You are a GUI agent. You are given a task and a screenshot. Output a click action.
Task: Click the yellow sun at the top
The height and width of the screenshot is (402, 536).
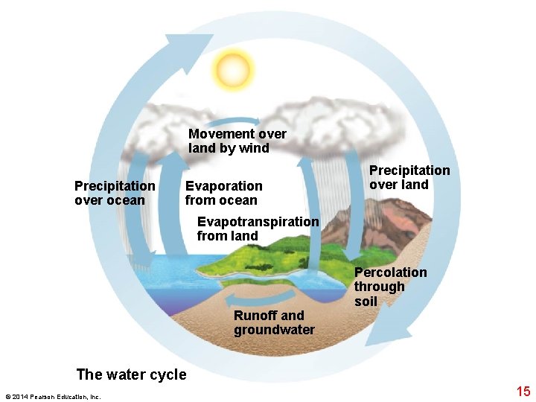(232, 70)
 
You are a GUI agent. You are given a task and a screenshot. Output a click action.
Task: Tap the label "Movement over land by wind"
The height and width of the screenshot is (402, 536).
(237, 141)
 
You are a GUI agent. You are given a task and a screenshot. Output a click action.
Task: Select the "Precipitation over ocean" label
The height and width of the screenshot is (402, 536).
(115, 192)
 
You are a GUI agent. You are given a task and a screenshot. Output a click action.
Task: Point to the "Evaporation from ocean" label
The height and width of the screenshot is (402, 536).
(223, 192)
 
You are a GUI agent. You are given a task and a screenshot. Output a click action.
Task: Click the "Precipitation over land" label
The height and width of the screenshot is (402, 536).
(409, 177)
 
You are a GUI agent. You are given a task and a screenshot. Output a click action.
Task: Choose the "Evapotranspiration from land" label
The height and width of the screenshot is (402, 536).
(258, 229)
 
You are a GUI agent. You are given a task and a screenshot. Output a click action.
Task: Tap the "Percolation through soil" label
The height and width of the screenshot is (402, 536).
(390, 287)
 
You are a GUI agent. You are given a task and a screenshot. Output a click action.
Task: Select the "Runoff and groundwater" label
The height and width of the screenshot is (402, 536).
(274, 322)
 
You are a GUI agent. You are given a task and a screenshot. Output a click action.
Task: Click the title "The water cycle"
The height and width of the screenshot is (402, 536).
(132, 374)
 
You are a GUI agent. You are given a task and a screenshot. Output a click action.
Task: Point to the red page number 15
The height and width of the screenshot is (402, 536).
(523, 390)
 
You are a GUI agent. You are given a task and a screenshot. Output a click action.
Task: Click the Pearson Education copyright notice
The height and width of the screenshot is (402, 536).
(52, 396)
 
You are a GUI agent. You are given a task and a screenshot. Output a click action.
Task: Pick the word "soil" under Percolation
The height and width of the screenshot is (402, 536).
(366, 301)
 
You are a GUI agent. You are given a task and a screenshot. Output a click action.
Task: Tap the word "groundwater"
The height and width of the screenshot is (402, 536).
(274, 330)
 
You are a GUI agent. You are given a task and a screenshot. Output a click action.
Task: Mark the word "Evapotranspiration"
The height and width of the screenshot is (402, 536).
(258, 221)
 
